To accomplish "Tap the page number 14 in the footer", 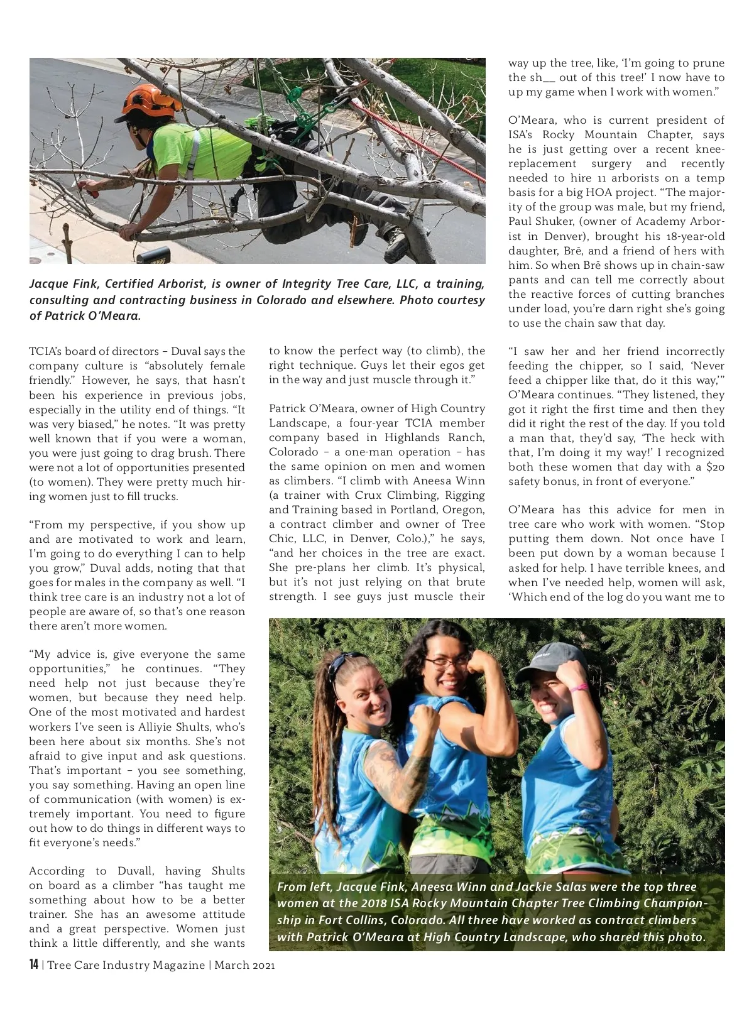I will pyautogui.click(x=34, y=964).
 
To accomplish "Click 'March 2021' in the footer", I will pyautogui.click(x=244, y=965).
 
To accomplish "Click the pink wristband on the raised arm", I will pyautogui.click(x=579, y=687).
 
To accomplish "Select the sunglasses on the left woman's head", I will pyautogui.click(x=347, y=662).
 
